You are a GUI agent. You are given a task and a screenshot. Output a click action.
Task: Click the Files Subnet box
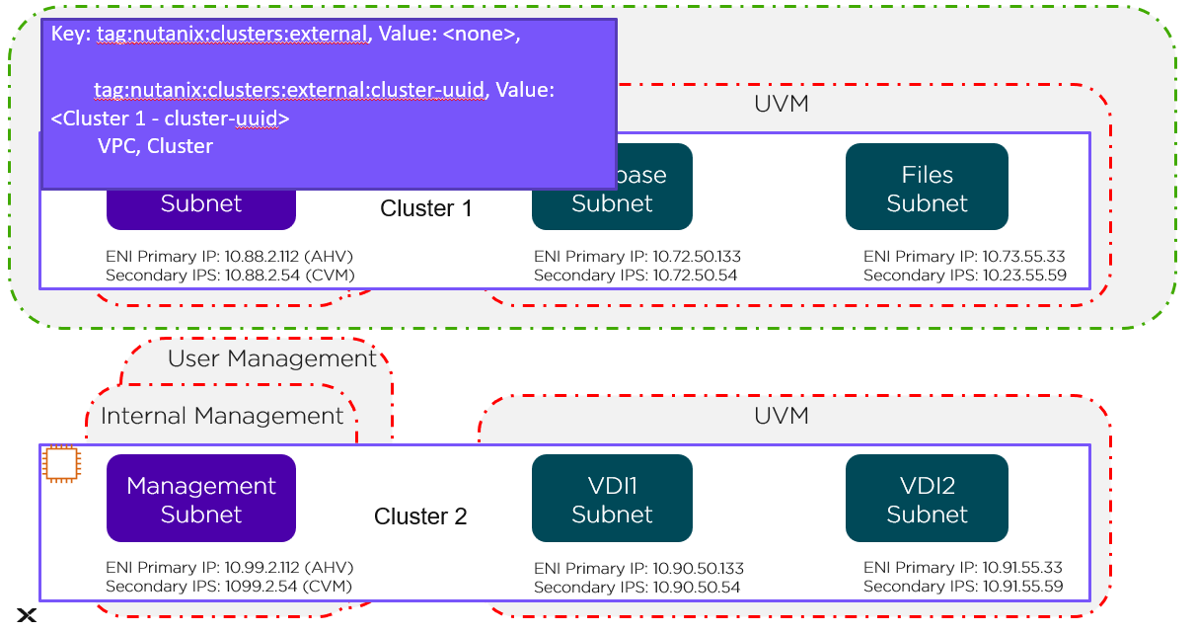tap(927, 188)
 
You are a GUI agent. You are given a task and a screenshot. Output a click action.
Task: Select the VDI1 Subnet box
tap(612, 499)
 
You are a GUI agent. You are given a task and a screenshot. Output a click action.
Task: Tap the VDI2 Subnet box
tap(927, 499)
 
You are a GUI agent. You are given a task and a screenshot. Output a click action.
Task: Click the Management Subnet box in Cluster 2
tap(201, 499)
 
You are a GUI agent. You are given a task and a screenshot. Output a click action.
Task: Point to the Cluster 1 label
tap(426, 209)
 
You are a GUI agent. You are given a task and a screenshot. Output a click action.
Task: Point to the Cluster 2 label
tap(420, 516)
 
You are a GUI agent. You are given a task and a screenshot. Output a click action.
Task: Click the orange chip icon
tap(61, 464)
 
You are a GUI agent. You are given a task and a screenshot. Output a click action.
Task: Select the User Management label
tap(271, 358)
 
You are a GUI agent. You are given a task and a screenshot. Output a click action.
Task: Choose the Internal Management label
tap(222, 416)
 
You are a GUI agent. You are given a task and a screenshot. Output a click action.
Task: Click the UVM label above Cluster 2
tap(781, 416)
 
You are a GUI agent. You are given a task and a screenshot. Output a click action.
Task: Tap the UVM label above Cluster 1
tap(781, 104)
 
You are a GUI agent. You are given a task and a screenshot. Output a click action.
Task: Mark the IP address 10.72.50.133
tap(698, 257)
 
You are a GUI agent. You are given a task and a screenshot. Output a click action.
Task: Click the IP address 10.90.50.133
tap(698, 569)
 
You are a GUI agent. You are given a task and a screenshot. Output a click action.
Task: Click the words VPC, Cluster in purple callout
tap(155, 146)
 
